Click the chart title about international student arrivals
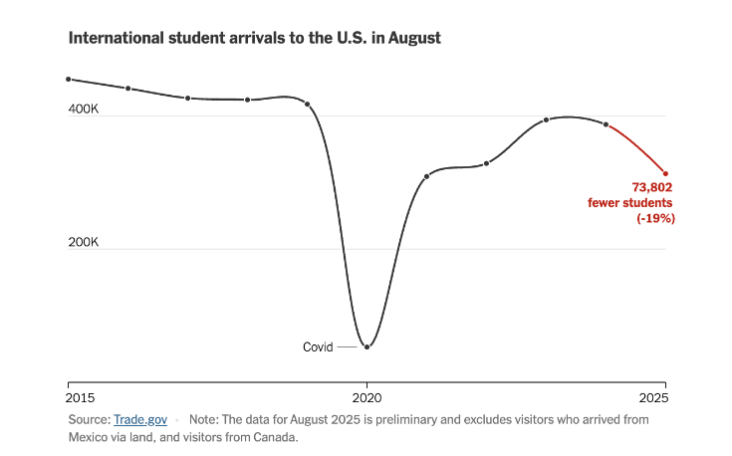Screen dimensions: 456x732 [x=254, y=38]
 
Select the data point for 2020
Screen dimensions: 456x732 [x=366, y=346]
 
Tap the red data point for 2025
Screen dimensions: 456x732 [x=665, y=173]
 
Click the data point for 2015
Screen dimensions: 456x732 [x=68, y=79]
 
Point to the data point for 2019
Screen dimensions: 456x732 [x=307, y=104]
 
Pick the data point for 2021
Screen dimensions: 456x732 [x=426, y=176]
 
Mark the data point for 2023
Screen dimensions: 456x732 [x=546, y=119]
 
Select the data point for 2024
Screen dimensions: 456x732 [x=606, y=124]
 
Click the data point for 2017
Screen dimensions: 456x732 [x=187, y=98]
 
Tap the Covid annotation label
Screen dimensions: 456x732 [x=319, y=347]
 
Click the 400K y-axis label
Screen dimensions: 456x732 [x=83, y=109]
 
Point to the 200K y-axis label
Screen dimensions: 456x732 [x=83, y=242]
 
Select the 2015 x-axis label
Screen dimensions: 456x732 [x=68, y=395]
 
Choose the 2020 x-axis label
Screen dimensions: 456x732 [x=366, y=395]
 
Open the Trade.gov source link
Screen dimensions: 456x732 [x=139, y=420]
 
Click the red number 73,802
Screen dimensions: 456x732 [x=652, y=187]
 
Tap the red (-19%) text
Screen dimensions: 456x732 [x=656, y=218]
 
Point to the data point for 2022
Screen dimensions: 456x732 [x=486, y=163]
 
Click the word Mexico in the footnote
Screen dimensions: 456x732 [x=89, y=437]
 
